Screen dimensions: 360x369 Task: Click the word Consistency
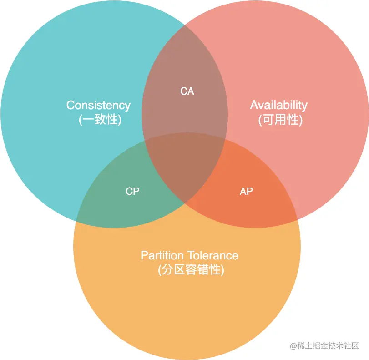[x=98, y=106]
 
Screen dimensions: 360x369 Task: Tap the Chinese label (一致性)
[x=100, y=120]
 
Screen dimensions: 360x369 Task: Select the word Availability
[x=278, y=106]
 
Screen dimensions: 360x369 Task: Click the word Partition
[x=162, y=255]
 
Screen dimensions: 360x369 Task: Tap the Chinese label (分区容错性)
[x=191, y=270]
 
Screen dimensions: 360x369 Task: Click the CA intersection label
[x=187, y=91]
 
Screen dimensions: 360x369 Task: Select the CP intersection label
[x=132, y=192]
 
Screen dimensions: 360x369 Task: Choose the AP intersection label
[x=246, y=192]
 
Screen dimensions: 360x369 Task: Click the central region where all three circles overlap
[x=185, y=164]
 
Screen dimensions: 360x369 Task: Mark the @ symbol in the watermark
[x=293, y=346]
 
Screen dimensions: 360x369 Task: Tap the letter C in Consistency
[x=70, y=106]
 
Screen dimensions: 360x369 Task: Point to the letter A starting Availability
[x=254, y=106]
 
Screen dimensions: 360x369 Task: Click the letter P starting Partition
[x=144, y=255]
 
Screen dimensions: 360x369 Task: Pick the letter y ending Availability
[x=305, y=106]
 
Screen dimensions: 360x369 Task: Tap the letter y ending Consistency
[x=128, y=106]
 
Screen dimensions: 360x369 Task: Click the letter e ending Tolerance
[x=235, y=256]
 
